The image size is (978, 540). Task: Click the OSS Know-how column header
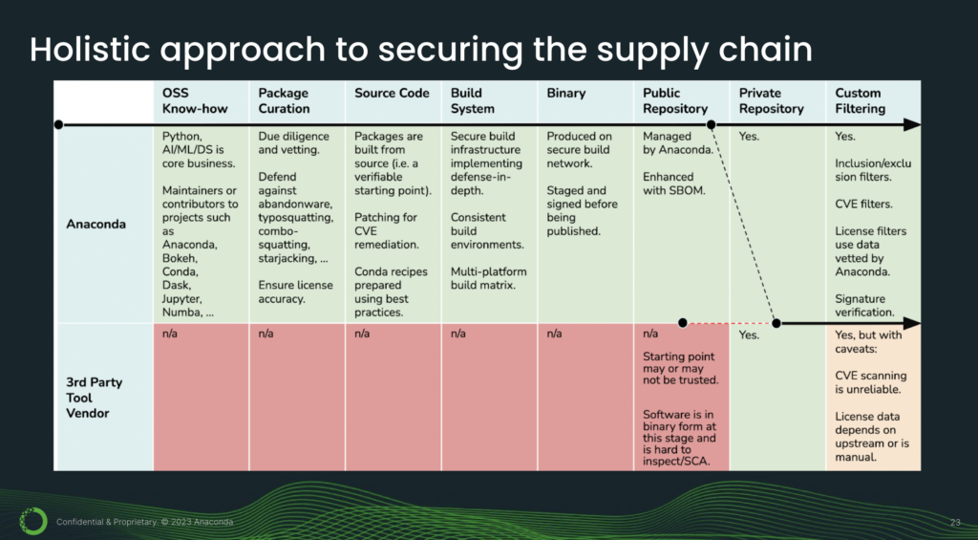click(x=195, y=100)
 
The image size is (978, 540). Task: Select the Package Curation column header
click(x=284, y=100)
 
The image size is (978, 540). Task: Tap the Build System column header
click(x=466, y=100)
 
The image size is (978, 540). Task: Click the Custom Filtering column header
click(x=860, y=100)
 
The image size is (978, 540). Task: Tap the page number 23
click(x=955, y=522)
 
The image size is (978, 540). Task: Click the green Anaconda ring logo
click(x=32, y=521)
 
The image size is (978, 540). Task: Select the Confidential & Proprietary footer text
click(x=144, y=522)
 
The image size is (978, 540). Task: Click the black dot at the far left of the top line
click(x=59, y=124)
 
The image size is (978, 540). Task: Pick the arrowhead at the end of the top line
click(x=914, y=124)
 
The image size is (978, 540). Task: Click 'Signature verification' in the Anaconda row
click(x=864, y=304)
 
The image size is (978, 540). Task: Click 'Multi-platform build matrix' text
click(x=488, y=278)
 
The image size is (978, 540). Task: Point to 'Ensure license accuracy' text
click(x=294, y=292)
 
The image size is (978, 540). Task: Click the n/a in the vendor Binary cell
click(x=555, y=334)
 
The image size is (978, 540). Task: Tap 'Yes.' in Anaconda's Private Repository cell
click(x=749, y=137)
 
